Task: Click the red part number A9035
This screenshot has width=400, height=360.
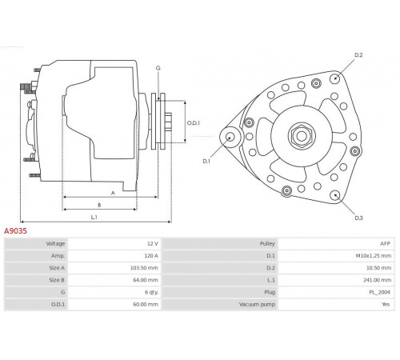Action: pos(15,231)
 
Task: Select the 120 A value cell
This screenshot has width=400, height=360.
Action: pos(151,256)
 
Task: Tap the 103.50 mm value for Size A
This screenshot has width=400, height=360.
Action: pos(144,268)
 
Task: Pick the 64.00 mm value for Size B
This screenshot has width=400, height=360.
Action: pos(146,280)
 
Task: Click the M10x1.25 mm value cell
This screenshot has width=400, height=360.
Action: pos(374,256)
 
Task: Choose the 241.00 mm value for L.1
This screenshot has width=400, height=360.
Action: pos(377,280)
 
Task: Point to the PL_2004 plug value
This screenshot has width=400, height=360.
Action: pos(379,292)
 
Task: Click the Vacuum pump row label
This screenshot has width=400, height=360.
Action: pos(257,304)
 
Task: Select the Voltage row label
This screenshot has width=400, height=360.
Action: pos(55,243)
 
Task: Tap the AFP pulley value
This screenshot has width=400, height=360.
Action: pos(385,243)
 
